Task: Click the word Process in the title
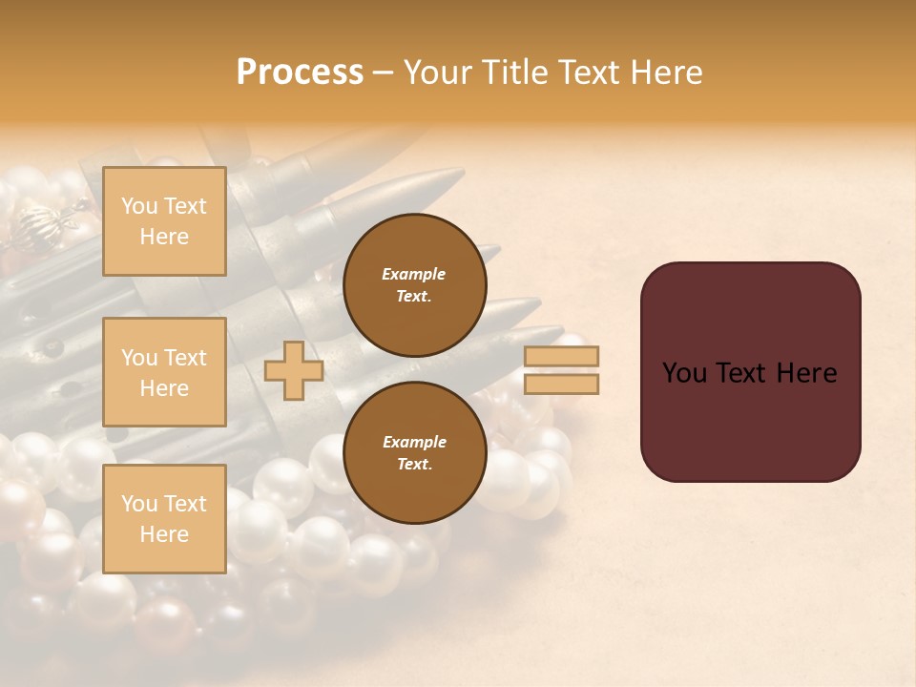[300, 73]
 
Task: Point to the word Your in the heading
[437, 73]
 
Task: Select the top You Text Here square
[164, 221]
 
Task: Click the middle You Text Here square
[164, 372]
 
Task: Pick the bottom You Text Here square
[164, 518]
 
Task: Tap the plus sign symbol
[293, 370]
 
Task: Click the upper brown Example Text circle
[414, 284]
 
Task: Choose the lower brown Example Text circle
[414, 452]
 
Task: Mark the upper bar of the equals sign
[561, 356]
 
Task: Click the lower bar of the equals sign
[561, 384]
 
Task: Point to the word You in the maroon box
[684, 373]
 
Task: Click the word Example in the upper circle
[414, 274]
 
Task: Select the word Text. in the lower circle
[414, 464]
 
